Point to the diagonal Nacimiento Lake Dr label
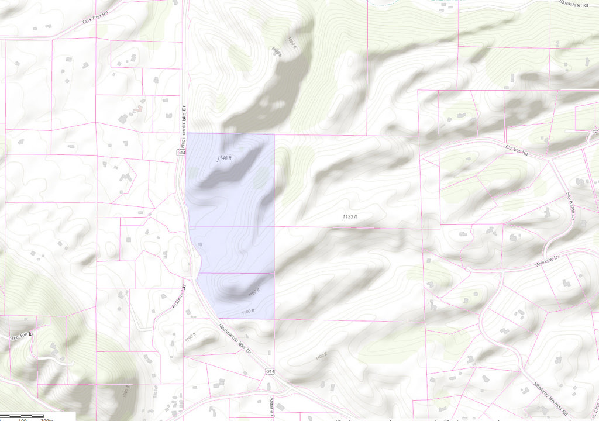coord(235,339)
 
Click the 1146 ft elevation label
coord(225,158)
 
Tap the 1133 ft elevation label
coord(349,217)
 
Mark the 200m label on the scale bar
coord(44,419)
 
